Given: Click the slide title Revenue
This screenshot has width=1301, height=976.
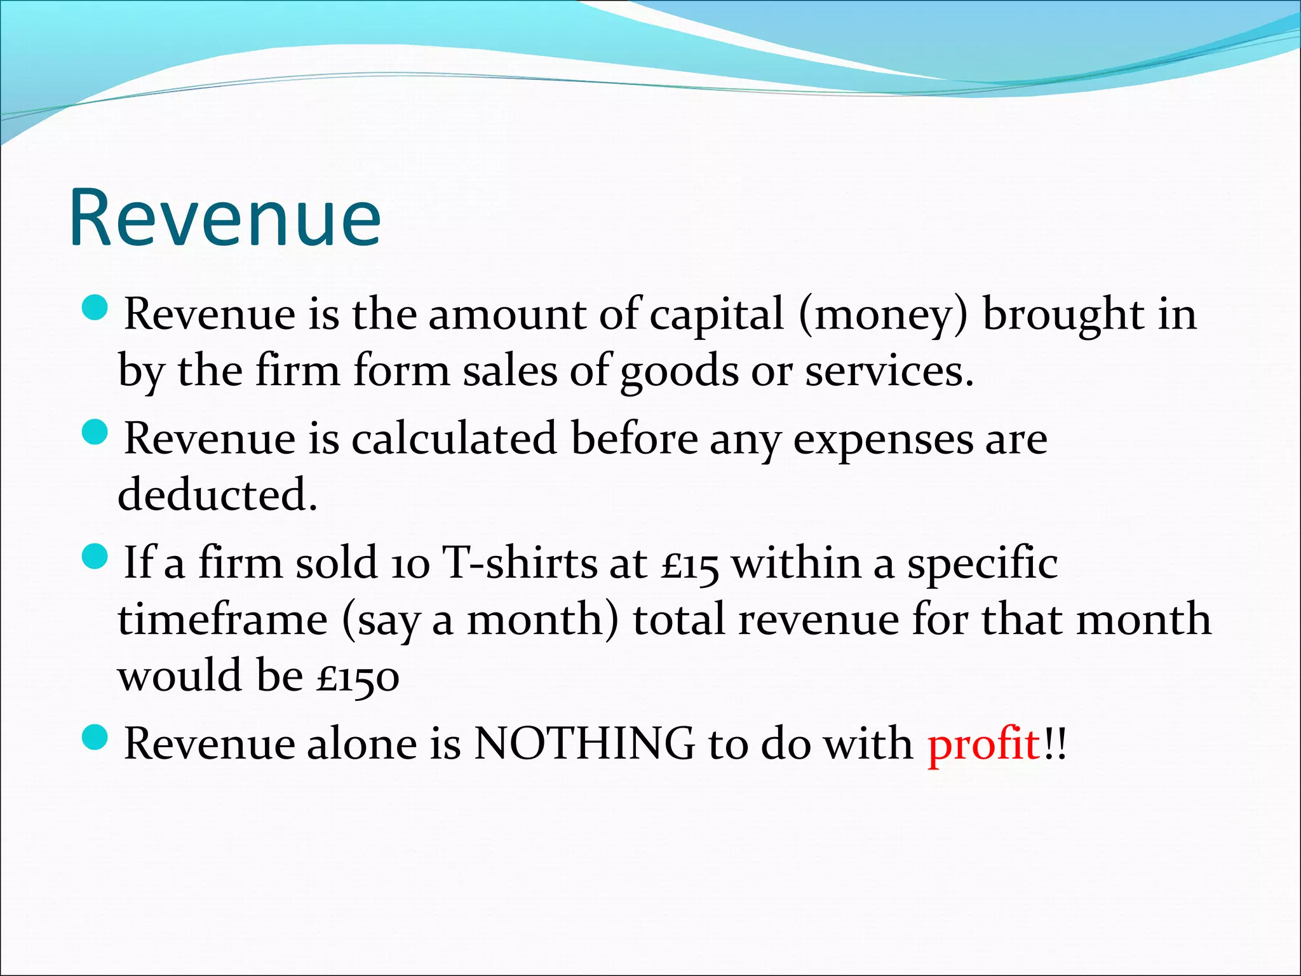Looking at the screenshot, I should pos(225,217).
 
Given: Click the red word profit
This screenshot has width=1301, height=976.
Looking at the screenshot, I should pos(983,743).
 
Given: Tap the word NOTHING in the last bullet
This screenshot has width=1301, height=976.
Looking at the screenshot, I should pos(584,743).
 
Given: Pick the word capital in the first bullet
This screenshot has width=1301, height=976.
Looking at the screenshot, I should pos(717,316).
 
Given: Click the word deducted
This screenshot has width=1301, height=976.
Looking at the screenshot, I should pos(217,495).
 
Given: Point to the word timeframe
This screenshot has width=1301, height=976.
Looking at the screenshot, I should pos(222,620).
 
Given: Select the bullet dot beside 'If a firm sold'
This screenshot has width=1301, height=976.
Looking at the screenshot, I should pos(97,557).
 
